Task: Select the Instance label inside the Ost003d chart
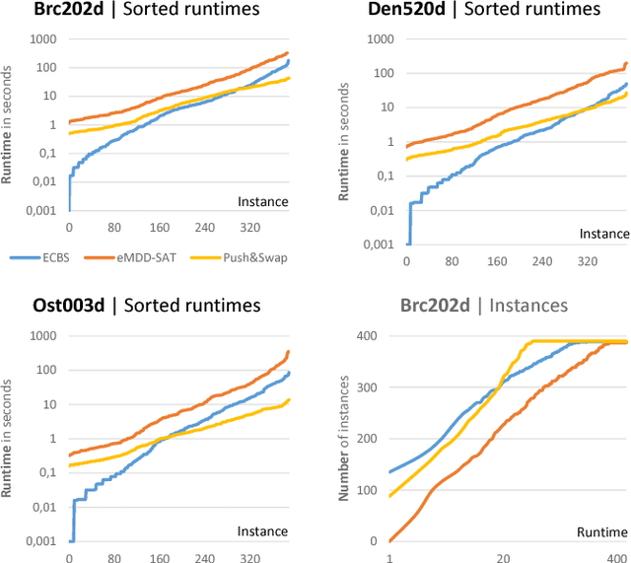[262, 531]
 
